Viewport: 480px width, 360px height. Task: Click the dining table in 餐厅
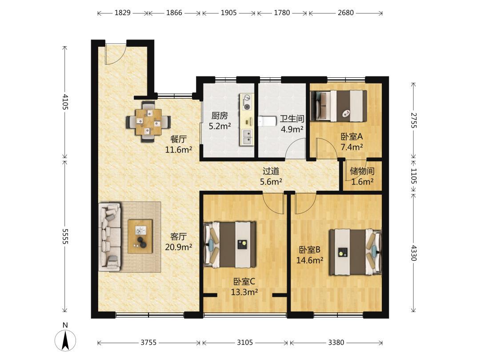coord(149,122)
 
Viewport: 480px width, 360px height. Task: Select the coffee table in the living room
coord(140,236)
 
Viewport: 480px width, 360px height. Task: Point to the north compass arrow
coord(65,340)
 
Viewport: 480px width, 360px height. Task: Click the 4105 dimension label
coord(65,102)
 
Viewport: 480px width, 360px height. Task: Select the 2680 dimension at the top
coord(346,12)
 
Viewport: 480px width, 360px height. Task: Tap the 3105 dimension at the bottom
coord(245,342)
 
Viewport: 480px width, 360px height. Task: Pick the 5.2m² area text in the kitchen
coord(220,126)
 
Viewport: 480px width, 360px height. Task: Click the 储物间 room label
coord(362,171)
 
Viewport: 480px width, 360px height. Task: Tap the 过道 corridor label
coord(271,171)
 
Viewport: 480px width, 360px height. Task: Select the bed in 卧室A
coord(339,106)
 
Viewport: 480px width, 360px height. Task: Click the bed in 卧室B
coord(356,252)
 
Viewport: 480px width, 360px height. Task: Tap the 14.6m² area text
coord(310,260)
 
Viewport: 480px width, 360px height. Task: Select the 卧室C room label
coord(244,281)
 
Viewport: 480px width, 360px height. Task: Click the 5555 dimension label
coord(65,236)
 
